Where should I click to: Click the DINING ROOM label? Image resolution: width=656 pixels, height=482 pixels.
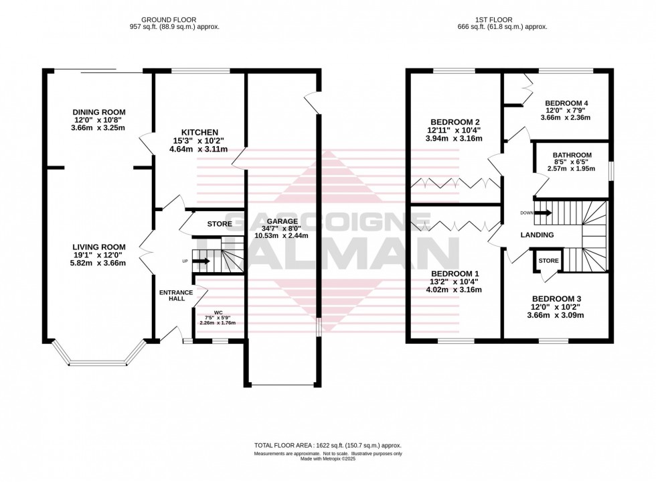tap(99, 112)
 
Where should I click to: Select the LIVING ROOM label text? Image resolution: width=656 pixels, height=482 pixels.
tap(99, 245)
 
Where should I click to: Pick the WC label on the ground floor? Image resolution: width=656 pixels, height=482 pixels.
tap(218, 312)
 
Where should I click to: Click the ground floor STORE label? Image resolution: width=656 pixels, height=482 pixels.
tap(219, 223)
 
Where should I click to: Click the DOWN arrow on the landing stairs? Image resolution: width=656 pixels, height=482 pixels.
tap(542, 213)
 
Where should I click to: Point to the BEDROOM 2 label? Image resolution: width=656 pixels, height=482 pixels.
tap(455, 113)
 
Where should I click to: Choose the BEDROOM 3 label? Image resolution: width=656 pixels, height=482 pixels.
tap(557, 299)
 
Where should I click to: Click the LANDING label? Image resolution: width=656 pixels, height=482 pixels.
tap(538, 235)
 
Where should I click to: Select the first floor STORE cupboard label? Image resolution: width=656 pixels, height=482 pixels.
tap(548, 261)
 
